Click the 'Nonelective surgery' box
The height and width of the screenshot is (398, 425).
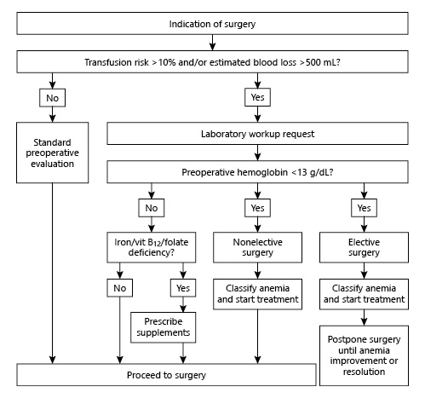258,247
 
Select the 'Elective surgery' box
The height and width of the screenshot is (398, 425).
364,247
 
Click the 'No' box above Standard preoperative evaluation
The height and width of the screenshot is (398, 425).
53,97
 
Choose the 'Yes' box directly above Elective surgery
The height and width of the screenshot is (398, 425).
364,209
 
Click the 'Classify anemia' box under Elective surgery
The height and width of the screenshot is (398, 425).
364,293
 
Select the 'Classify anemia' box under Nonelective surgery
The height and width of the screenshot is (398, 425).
258,293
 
